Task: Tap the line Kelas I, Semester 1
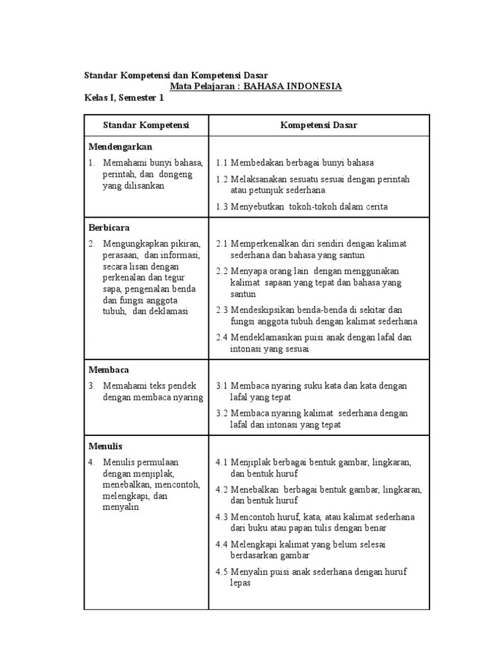(x=124, y=98)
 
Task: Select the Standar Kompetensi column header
(x=147, y=125)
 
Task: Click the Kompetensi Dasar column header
(x=319, y=125)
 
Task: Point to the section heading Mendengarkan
(x=120, y=146)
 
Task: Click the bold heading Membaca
(x=109, y=370)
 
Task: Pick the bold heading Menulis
(x=106, y=446)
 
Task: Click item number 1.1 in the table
(x=222, y=163)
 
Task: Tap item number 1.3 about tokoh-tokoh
(x=222, y=206)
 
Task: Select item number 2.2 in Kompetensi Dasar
(x=222, y=271)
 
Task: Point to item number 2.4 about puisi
(x=222, y=338)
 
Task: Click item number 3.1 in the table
(x=222, y=385)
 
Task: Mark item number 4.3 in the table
(x=222, y=517)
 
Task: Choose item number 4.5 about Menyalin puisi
(x=222, y=572)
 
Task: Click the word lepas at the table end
(x=241, y=583)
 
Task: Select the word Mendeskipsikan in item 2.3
(x=265, y=310)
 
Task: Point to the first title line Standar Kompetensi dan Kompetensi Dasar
(x=180, y=75)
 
